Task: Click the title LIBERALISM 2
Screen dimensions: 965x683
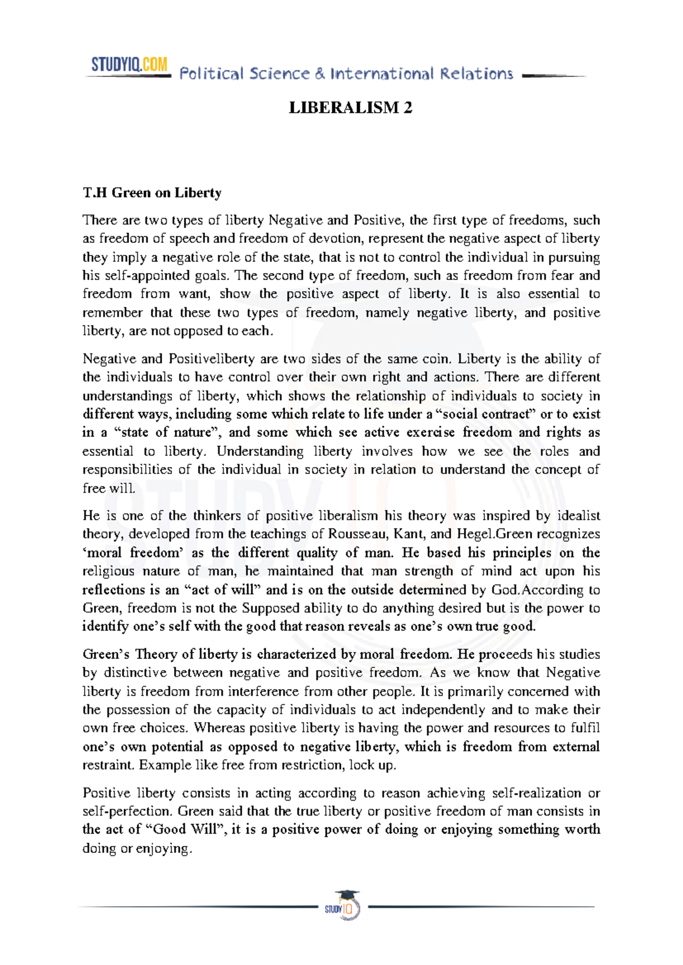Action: pyautogui.click(x=350, y=108)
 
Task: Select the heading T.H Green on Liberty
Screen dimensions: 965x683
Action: pyautogui.click(x=152, y=193)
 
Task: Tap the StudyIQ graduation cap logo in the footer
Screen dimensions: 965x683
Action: pyautogui.click(x=343, y=906)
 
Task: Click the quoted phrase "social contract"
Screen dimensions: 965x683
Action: pyautogui.click(x=483, y=414)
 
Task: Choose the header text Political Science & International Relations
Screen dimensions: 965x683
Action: pyautogui.click(x=346, y=74)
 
